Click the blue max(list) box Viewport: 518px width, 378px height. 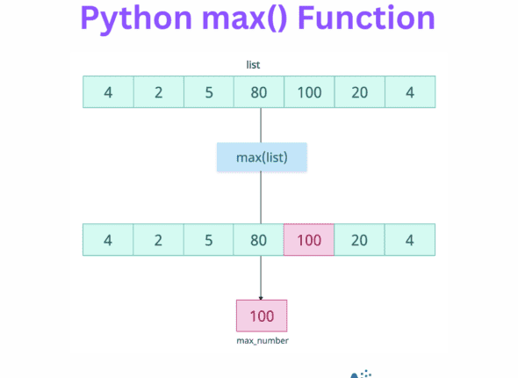[x=261, y=158]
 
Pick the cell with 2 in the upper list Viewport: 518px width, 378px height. [x=158, y=92]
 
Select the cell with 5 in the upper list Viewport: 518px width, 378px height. [x=209, y=92]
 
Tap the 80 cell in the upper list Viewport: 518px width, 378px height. [x=259, y=92]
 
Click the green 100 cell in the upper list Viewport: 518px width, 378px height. [x=309, y=92]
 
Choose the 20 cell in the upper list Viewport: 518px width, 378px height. [x=360, y=92]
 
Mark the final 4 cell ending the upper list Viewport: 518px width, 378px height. [x=410, y=92]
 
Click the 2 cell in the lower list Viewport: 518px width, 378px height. [x=158, y=240]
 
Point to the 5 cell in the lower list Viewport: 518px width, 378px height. [x=209, y=240]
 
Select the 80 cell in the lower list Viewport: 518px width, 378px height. [x=259, y=240]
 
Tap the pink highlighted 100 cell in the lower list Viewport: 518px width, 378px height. [x=309, y=240]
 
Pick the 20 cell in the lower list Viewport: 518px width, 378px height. [x=360, y=240]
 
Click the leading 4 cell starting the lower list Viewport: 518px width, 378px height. [x=108, y=240]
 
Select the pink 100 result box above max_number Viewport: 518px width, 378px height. [x=261, y=315]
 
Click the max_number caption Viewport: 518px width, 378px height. [x=261, y=339]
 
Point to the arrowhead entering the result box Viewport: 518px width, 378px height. [x=261, y=297]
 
